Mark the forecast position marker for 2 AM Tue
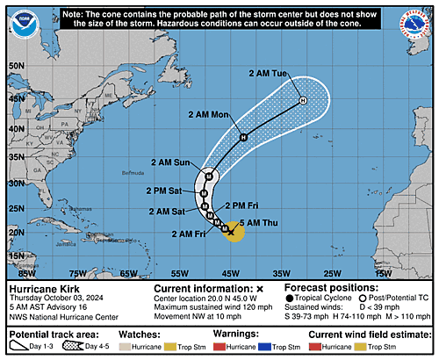tap(303, 101)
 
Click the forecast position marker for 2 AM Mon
tap(244, 136)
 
